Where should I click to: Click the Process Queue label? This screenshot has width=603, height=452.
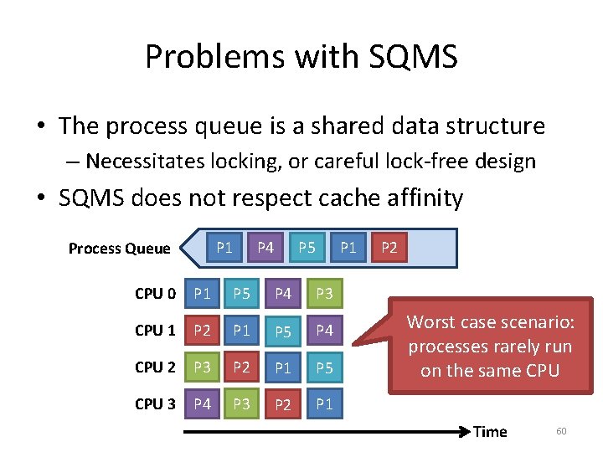click(x=119, y=248)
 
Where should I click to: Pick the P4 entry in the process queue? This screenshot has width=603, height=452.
click(x=265, y=247)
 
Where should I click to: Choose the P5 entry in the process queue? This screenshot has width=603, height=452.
click(x=307, y=247)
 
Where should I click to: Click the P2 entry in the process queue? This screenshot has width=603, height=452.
click(x=389, y=247)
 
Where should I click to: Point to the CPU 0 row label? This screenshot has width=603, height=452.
click(x=155, y=294)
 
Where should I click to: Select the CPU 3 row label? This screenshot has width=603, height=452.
click(x=155, y=404)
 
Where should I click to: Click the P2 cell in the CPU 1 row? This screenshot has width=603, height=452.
click(x=203, y=331)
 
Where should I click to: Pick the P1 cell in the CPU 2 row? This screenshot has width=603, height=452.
click(x=283, y=367)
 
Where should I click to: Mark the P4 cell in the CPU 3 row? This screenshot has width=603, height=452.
click(x=203, y=404)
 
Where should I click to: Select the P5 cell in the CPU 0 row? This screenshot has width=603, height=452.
click(x=242, y=294)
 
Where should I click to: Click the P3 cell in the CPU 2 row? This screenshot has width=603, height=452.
click(x=203, y=367)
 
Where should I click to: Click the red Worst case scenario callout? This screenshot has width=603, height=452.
click(x=489, y=346)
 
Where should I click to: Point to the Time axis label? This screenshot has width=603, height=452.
click(x=490, y=432)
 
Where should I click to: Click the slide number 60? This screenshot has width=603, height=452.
click(x=561, y=431)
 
